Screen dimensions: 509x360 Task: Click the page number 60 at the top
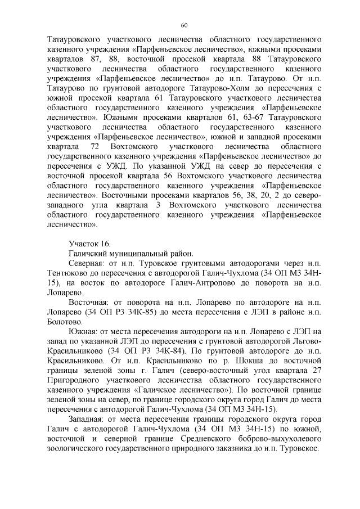click(184, 25)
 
